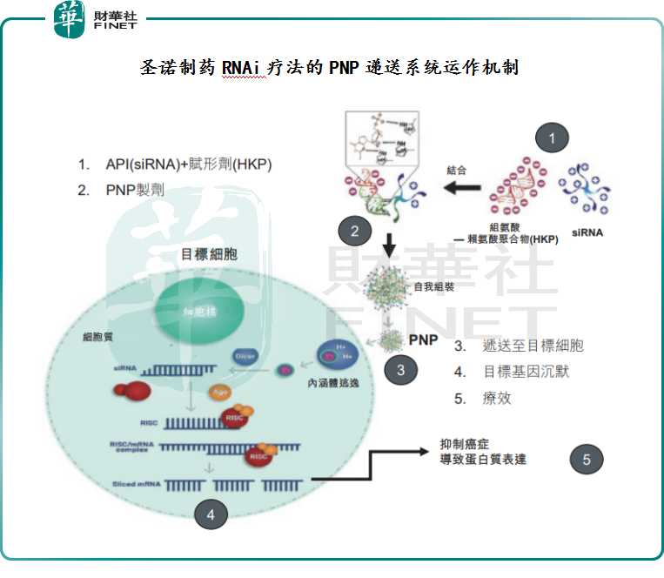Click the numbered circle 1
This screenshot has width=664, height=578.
tap(551, 137)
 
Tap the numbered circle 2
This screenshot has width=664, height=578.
tap(354, 231)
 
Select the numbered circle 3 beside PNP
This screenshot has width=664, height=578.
tap(400, 369)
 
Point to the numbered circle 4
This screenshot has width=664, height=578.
tap(210, 514)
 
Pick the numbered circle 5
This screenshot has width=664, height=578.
tap(587, 460)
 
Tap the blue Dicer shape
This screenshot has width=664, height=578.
tap(243, 356)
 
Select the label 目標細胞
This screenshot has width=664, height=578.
tap(208, 255)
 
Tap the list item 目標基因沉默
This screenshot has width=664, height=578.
tap(526, 372)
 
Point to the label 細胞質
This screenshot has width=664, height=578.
tap(97, 335)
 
